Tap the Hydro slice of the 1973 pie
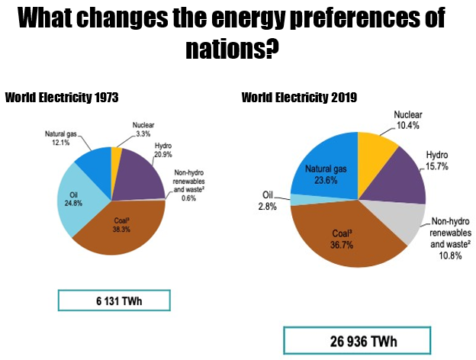[x=141, y=172]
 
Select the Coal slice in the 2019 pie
[x=343, y=236]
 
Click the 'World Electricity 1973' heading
[x=61, y=98]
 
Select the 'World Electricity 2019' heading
[x=299, y=98]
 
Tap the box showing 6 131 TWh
[x=114, y=301]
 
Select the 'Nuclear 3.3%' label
[x=143, y=128]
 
